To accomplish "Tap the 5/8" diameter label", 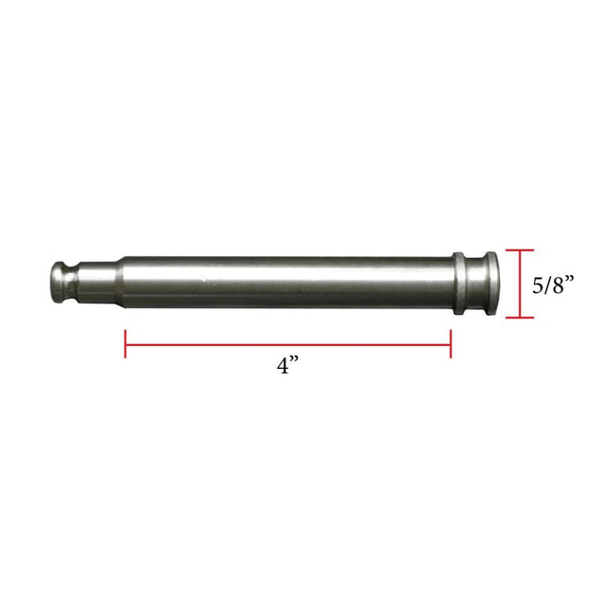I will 553,285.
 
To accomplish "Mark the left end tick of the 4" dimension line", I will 125,342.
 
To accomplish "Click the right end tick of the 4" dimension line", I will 451,342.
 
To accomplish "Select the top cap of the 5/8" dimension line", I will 519,250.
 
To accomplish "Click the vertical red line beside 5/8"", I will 519,285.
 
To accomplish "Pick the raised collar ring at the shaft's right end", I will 458,282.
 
